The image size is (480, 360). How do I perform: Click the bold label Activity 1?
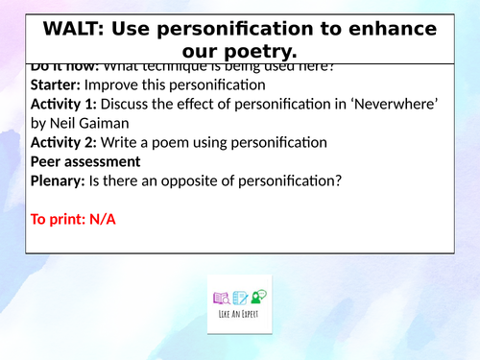67,104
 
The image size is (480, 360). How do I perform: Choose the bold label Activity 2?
67,142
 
